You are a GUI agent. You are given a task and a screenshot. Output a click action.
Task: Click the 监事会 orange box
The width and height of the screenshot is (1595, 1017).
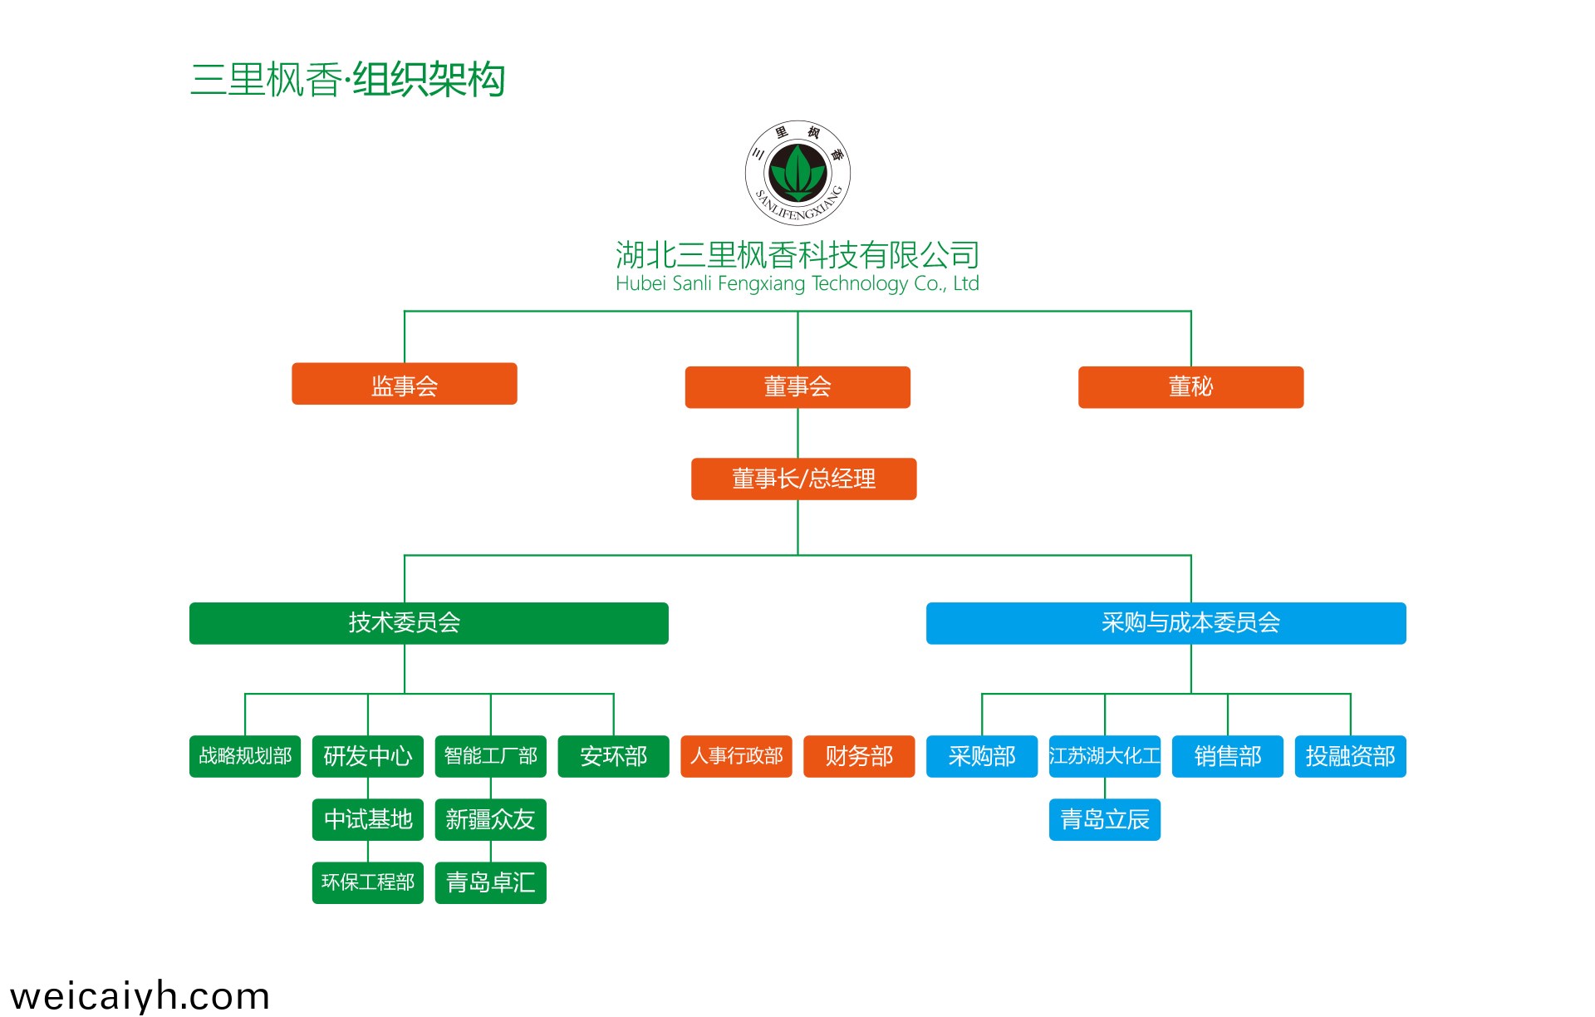pyautogui.click(x=404, y=384)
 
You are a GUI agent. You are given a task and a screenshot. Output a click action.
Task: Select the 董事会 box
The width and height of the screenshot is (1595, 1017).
pyautogui.click(x=797, y=387)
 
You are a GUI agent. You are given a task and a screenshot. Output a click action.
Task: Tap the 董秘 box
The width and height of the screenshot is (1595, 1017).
pyautogui.click(x=1190, y=387)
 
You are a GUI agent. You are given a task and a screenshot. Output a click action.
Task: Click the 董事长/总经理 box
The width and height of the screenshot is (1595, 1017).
pyautogui.click(x=803, y=479)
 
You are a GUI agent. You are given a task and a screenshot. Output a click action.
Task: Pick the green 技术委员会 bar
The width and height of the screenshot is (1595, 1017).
pyautogui.click(x=429, y=623)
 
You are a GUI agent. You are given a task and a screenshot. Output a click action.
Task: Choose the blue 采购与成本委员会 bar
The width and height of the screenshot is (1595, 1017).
pyautogui.click(x=1166, y=623)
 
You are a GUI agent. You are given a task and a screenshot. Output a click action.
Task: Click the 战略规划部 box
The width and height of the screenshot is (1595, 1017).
pyautogui.click(x=245, y=756)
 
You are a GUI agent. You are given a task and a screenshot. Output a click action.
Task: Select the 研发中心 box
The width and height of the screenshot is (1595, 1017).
pyautogui.click(x=368, y=756)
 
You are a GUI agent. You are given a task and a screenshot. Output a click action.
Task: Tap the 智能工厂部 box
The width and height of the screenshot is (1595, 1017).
pyautogui.click(x=491, y=756)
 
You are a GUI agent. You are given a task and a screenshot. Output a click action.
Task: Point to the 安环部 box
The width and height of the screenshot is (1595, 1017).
pyautogui.click(x=613, y=756)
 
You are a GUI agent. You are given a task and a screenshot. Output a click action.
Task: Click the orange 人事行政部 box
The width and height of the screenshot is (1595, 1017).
pyautogui.click(x=736, y=756)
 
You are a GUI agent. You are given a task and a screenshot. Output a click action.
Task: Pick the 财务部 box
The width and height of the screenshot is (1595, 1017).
pyautogui.click(x=859, y=756)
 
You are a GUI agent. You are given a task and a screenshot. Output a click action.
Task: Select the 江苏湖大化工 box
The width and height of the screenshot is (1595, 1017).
pyautogui.click(x=1105, y=756)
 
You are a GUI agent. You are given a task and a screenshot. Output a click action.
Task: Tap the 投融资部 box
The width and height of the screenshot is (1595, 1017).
pyautogui.click(x=1350, y=756)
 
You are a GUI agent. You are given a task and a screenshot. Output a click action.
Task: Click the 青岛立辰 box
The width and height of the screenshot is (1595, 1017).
pyautogui.click(x=1105, y=820)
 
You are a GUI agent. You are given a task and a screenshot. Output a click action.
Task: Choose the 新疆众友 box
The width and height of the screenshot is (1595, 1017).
pyautogui.click(x=491, y=820)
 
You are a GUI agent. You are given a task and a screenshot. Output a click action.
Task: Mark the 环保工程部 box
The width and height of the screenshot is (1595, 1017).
pyautogui.click(x=368, y=882)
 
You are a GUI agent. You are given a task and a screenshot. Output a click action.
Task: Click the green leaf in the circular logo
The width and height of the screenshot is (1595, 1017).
pyautogui.click(x=797, y=171)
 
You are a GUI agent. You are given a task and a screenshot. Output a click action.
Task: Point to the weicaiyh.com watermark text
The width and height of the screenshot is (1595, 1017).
pyautogui.click(x=140, y=995)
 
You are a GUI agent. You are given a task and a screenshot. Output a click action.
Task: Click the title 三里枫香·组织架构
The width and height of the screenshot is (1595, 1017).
pyautogui.click(x=347, y=80)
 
